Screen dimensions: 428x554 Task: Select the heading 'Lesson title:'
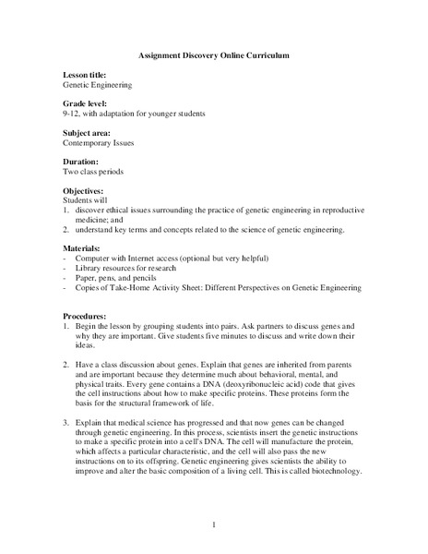click(x=85, y=74)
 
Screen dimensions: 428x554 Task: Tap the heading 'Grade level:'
click(x=86, y=102)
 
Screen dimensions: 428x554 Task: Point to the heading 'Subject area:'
click(x=88, y=133)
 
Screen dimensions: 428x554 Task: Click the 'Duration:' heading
click(x=82, y=162)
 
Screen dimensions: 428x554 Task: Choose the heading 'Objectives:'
click(x=85, y=190)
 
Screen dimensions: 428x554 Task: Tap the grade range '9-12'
click(x=73, y=113)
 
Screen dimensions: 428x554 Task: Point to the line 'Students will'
click(x=84, y=200)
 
